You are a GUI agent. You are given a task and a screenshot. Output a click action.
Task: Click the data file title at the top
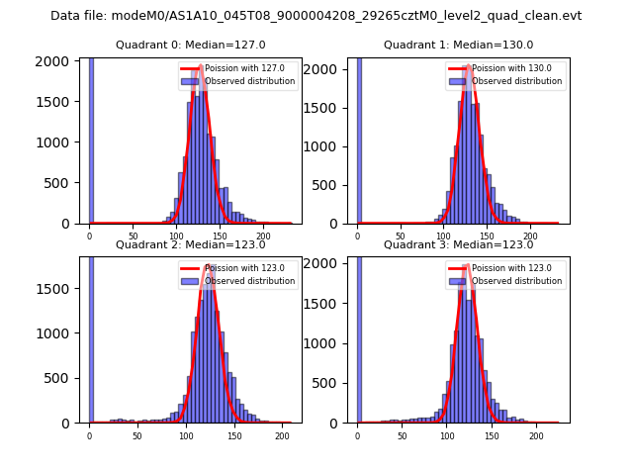point(316,16)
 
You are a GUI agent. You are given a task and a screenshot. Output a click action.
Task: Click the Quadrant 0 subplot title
point(190,45)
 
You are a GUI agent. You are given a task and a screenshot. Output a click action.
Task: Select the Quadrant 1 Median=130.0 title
point(458,45)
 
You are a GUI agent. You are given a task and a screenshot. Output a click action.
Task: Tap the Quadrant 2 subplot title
point(190,244)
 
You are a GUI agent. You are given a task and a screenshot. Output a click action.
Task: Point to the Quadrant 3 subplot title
point(458,244)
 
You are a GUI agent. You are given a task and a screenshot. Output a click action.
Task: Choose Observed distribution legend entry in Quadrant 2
point(248,281)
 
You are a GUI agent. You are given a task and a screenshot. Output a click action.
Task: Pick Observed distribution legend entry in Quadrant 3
point(516,281)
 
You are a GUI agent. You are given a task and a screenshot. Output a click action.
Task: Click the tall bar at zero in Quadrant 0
point(91,139)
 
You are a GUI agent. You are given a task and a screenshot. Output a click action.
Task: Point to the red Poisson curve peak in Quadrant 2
point(210,266)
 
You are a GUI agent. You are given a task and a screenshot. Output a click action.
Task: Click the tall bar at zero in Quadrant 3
point(359,336)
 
